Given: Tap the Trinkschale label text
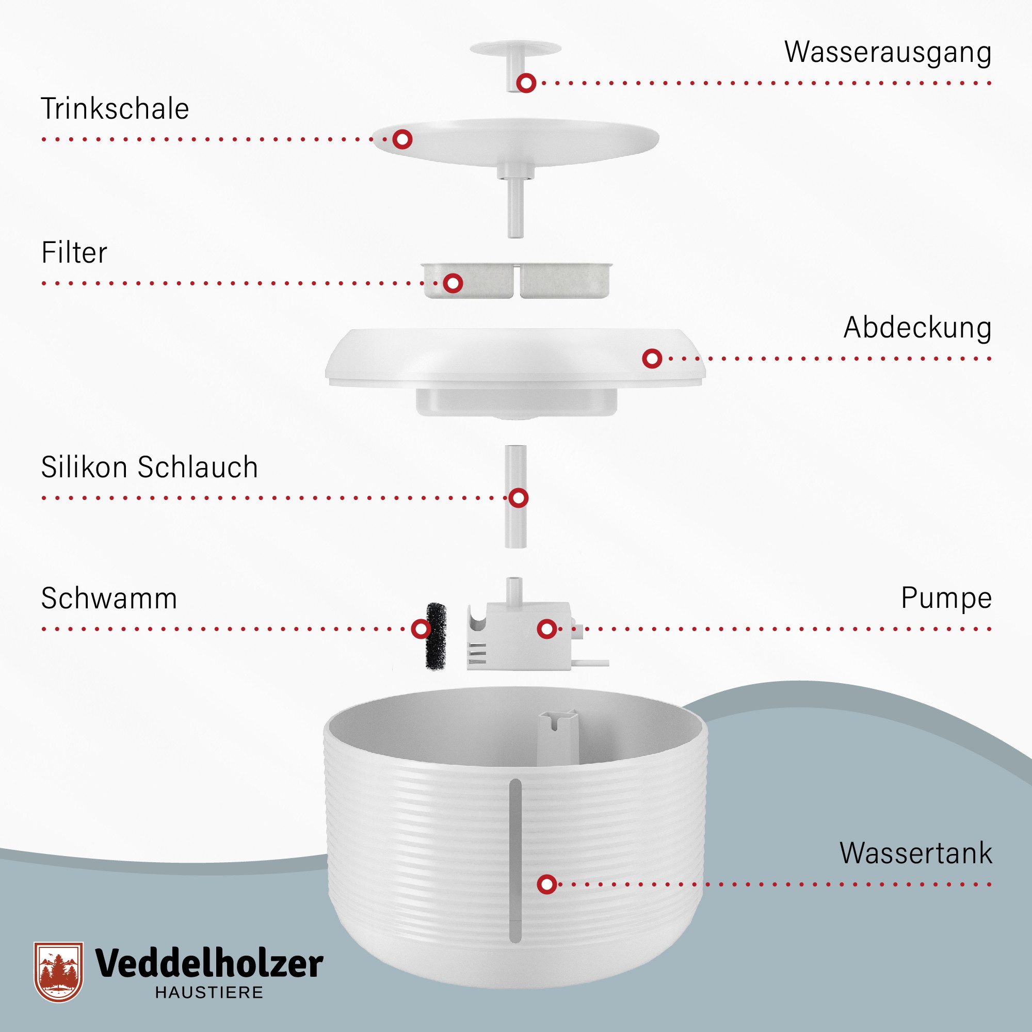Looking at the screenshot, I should pyautogui.click(x=115, y=109).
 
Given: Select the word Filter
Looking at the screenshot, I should pyautogui.click(x=74, y=253).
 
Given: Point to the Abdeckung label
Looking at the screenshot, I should pyautogui.click(x=917, y=328).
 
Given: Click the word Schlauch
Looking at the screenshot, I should pyautogui.click(x=198, y=467).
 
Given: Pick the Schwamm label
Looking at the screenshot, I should pyautogui.click(x=109, y=598).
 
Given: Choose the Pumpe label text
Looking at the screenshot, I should pyautogui.click(x=946, y=598).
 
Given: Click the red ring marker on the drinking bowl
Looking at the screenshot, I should pyautogui.click(x=402, y=139).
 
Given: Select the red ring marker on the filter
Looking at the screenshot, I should pyautogui.click(x=453, y=283).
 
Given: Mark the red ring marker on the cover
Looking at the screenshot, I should pyautogui.click(x=652, y=359).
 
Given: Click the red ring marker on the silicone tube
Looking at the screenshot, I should pyautogui.click(x=518, y=498).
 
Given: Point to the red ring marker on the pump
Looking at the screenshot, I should pyautogui.click(x=545, y=628).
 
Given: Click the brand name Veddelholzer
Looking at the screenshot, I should pyautogui.click(x=209, y=963).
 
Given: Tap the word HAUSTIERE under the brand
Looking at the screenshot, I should pyautogui.click(x=209, y=992).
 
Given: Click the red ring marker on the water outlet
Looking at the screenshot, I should pyautogui.click(x=526, y=83).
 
